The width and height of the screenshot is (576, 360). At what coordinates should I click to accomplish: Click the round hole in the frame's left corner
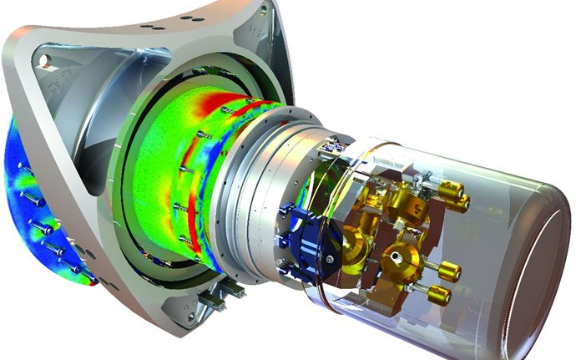(x=43, y=60)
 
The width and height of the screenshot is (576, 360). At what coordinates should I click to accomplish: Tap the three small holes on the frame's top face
(x=151, y=27)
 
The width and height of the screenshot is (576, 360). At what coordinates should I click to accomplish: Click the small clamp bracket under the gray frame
(x=225, y=292)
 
